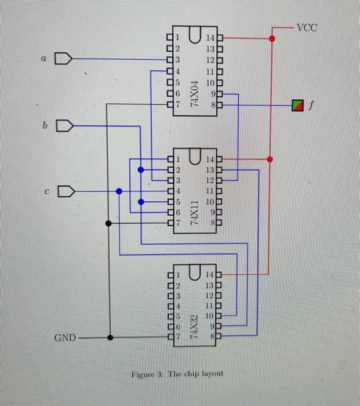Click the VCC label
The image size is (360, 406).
307,27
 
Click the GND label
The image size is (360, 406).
64,337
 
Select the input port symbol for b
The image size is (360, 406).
64,125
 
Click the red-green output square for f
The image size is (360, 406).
297,105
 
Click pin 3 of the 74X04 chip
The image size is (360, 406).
170,59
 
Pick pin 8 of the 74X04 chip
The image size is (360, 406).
219,105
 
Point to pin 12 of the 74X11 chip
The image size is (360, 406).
219,180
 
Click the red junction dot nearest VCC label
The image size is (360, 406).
272,39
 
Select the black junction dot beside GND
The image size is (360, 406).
110,337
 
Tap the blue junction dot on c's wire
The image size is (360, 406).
119,191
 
